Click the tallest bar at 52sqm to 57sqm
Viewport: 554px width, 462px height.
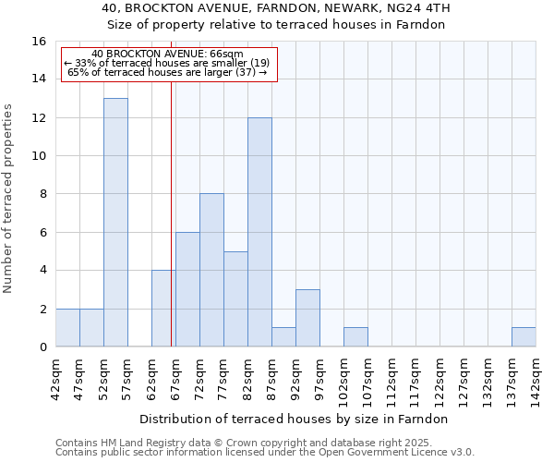click(115, 222)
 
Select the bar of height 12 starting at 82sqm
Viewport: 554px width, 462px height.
click(259, 232)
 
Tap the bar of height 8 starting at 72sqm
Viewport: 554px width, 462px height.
click(211, 270)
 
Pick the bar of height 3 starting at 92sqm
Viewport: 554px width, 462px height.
click(307, 318)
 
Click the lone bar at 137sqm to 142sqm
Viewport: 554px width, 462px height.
click(524, 337)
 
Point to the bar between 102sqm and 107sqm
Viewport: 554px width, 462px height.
click(355, 337)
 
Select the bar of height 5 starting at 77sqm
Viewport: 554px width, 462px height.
click(235, 298)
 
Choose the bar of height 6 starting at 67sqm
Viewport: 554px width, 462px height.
click(187, 289)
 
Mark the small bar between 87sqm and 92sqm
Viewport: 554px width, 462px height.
click(283, 337)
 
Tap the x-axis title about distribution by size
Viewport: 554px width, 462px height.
click(295, 419)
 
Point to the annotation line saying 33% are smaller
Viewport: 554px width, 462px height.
click(167, 63)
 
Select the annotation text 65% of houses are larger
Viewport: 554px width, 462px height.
click(167, 72)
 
